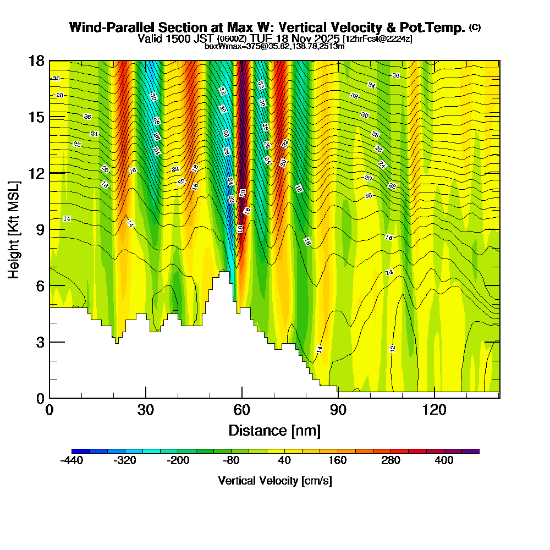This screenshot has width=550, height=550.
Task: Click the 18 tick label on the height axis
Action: click(36, 61)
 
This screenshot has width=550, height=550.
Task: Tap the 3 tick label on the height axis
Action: click(39, 342)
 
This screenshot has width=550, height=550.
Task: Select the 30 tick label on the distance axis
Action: click(146, 410)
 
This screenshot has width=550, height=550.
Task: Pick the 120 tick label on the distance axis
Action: click(435, 410)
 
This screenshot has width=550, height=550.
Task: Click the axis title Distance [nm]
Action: click(274, 430)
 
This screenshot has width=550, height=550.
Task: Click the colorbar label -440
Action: click(71, 460)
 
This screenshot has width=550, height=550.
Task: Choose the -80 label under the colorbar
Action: click(231, 460)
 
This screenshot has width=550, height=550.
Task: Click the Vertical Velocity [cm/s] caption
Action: click(274, 481)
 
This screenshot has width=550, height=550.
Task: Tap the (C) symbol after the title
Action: click(475, 28)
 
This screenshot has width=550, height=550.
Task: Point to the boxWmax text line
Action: click(274, 46)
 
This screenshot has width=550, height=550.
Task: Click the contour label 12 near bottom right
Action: click(393, 349)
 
